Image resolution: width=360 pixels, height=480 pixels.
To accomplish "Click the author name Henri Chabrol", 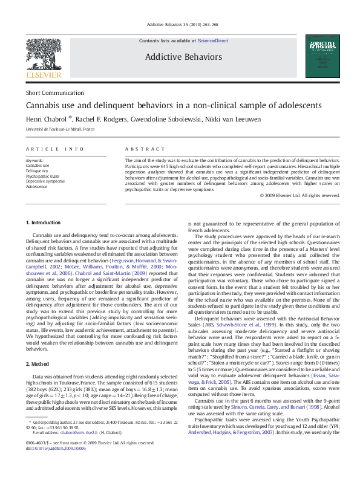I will click(x=48, y=119).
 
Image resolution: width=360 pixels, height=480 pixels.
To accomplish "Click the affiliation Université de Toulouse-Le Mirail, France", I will click(x=60, y=129).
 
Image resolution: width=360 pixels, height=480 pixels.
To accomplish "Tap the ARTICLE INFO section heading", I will click(x=55, y=149).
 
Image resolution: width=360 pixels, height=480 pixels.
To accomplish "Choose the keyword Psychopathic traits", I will click(x=44, y=176).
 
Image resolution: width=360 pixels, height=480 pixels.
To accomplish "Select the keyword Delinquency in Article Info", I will click(x=38, y=170).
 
